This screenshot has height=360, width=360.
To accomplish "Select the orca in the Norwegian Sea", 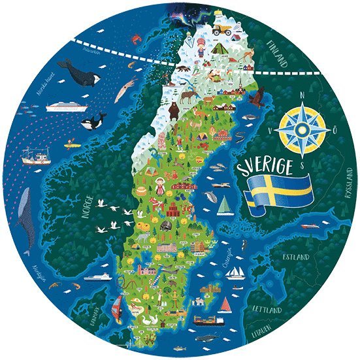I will [x=94, y=122].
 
